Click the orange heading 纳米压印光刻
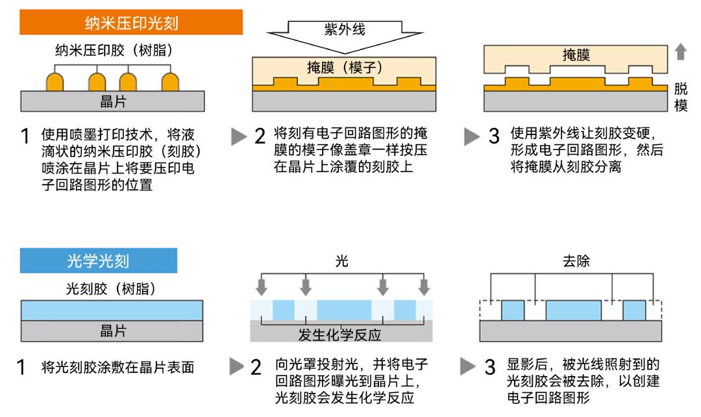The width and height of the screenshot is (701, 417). coord(132,24)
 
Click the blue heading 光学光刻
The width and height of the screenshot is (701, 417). coord(98,261)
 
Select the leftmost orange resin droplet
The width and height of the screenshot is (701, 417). coord(55,82)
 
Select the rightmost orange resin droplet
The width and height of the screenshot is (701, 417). coord(170,82)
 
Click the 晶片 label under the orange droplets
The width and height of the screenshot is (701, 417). coord(113,101)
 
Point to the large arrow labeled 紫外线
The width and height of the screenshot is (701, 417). coord(345,32)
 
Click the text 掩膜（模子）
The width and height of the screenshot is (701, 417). coord(345,67)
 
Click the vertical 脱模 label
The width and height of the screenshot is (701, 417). coord(681,97)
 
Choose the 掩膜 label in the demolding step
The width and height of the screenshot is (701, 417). coord(576,56)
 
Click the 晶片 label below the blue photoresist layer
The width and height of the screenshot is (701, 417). coord(113,331)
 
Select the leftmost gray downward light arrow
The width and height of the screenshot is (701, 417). coord(261,286)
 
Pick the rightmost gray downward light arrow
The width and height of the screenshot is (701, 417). coord(424,286)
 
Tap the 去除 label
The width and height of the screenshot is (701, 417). coord(576,261)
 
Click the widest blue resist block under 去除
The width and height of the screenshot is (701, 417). coord(573,310)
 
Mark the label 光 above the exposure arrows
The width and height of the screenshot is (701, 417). coord(342,261)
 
